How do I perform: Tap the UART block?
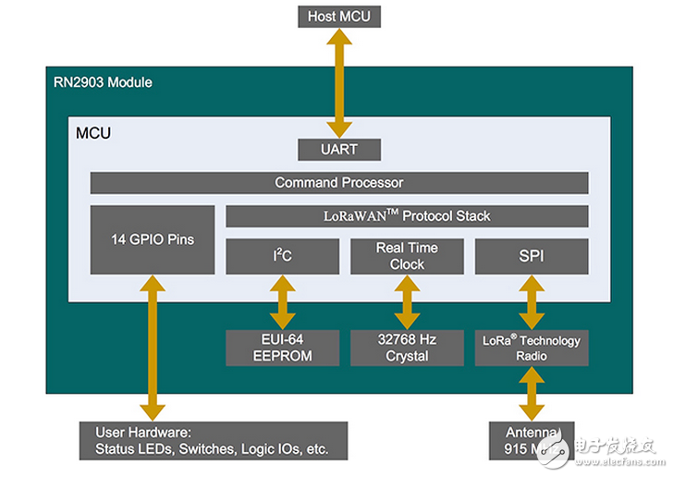coord(339,148)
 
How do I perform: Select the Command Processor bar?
coord(339,182)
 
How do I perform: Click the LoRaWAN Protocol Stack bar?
coord(407,216)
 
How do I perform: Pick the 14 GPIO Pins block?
coord(153,239)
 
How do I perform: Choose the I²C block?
coord(282,256)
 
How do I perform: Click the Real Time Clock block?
coord(407,256)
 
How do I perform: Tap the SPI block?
coord(532,256)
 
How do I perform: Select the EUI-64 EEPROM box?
coord(282,348)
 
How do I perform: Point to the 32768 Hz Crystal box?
coord(407,348)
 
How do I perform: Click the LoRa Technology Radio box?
coord(532,348)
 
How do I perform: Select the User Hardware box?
coord(213,441)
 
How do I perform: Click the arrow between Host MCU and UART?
coord(339,83)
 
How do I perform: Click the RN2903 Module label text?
coord(103,82)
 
